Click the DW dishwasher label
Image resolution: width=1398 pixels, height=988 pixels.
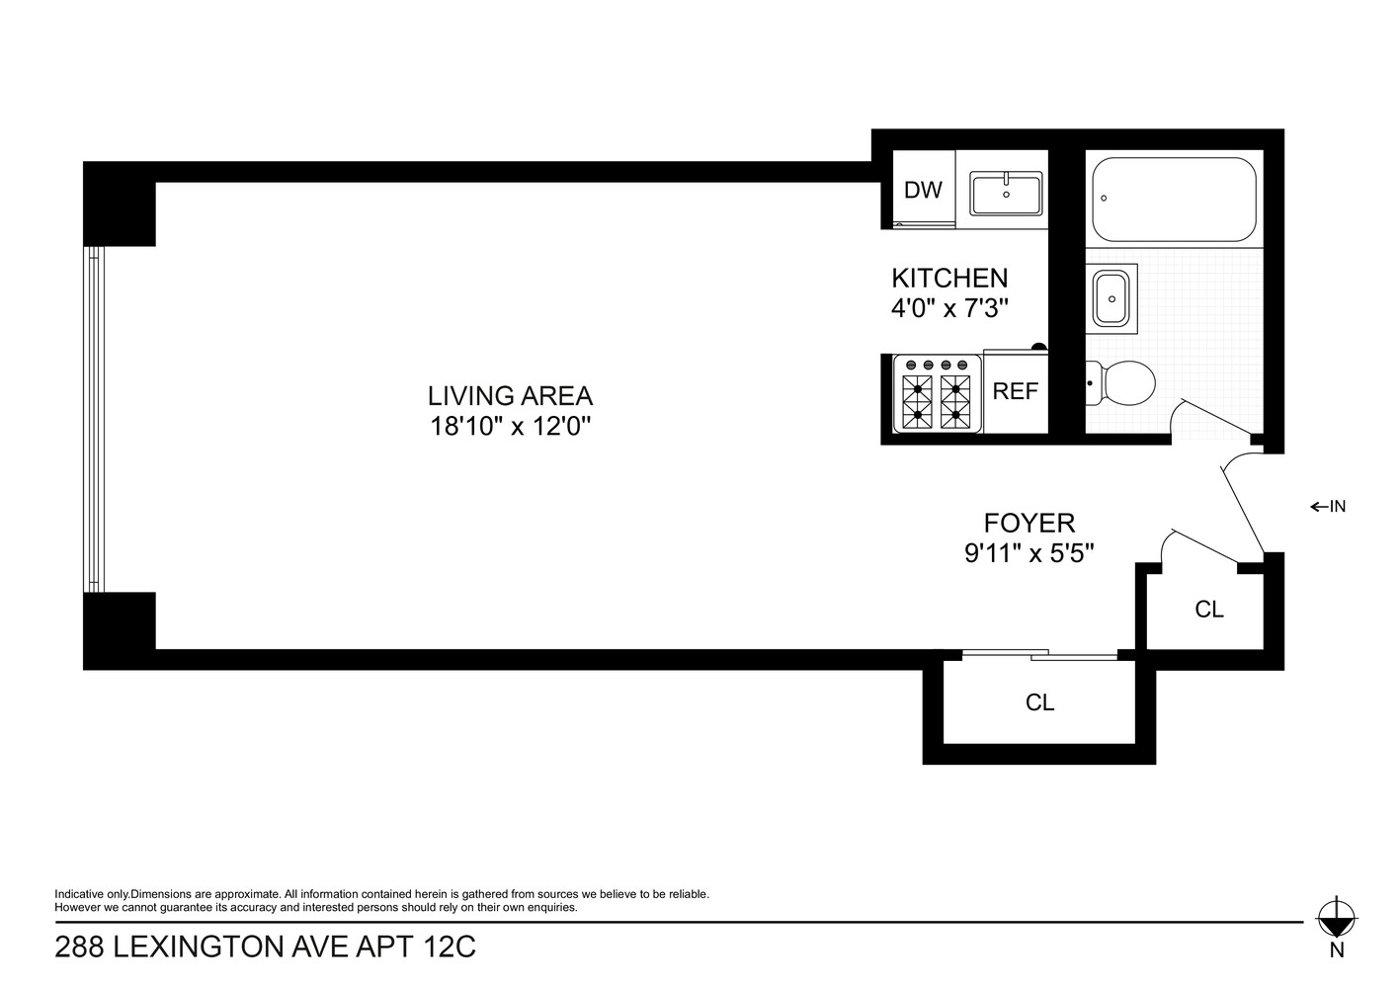point(923,191)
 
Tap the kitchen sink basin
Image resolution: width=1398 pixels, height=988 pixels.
point(1006,194)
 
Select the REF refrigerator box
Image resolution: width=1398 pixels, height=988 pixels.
point(1016,391)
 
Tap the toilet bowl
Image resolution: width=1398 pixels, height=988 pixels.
point(1127,382)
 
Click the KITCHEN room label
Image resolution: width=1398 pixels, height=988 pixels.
point(949,278)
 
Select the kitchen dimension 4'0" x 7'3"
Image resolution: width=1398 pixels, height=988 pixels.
point(949,308)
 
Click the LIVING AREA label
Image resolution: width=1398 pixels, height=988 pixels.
point(510,396)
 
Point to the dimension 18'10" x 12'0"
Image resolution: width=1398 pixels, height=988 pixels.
point(510,427)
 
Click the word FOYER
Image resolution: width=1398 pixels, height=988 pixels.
point(1028,523)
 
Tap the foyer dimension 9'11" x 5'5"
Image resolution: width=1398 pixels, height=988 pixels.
point(1028,553)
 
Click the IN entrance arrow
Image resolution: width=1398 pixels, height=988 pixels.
point(1328,507)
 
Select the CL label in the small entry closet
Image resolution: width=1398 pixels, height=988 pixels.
point(1208,610)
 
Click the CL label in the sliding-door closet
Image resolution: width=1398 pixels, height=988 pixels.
point(1039,702)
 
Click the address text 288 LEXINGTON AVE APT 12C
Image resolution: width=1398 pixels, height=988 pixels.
point(265,948)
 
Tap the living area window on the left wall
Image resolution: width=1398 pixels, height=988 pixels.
point(93,419)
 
